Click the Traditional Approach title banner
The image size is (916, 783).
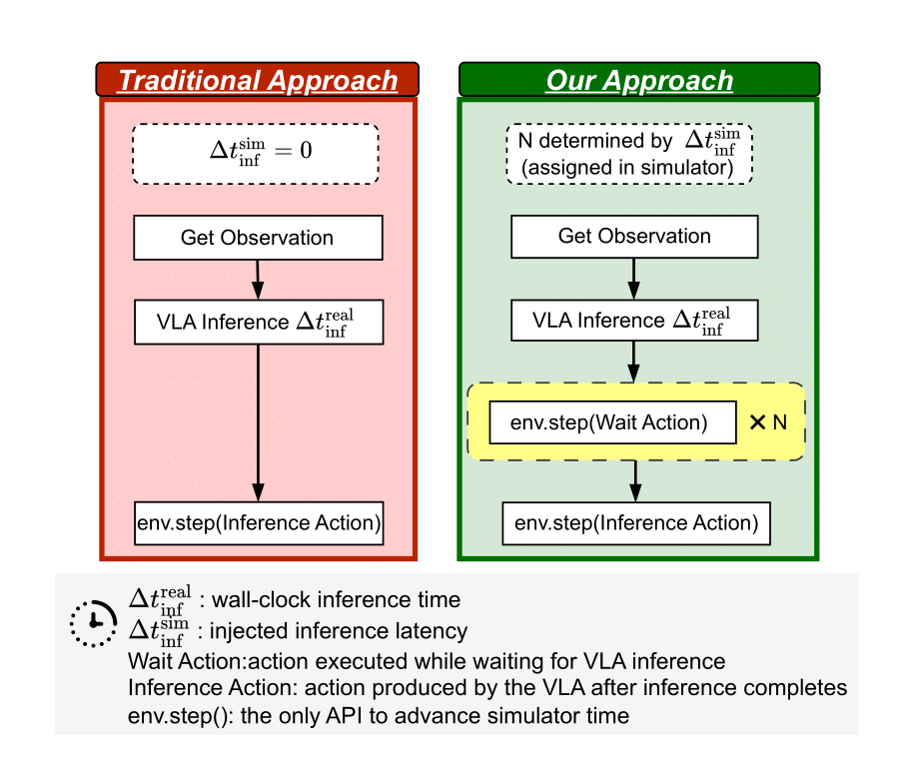click(x=258, y=80)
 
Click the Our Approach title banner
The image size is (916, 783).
click(x=638, y=80)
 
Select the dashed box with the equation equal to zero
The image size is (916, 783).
click(x=256, y=154)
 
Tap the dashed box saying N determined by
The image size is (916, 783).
click(x=628, y=154)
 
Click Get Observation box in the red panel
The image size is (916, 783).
click(x=258, y=239)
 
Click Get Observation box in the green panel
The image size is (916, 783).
click(x=634, y=237)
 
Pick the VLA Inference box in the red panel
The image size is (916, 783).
click(x=258, y=321)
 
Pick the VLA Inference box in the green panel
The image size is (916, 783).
click(x=634, y=320)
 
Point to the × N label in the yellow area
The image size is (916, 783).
click(x=768, y=422)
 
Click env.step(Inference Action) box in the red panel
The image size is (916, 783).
click(x=259, y=523)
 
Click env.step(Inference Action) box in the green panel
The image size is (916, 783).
click(x=635, y=523)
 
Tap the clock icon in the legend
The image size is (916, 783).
click(x=94, y=620)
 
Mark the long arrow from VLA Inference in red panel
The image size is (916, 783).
click(x=259, y=419)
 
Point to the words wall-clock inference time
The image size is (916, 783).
click(x=331, y=600)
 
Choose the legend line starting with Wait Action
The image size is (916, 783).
click(x=427, y=661)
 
